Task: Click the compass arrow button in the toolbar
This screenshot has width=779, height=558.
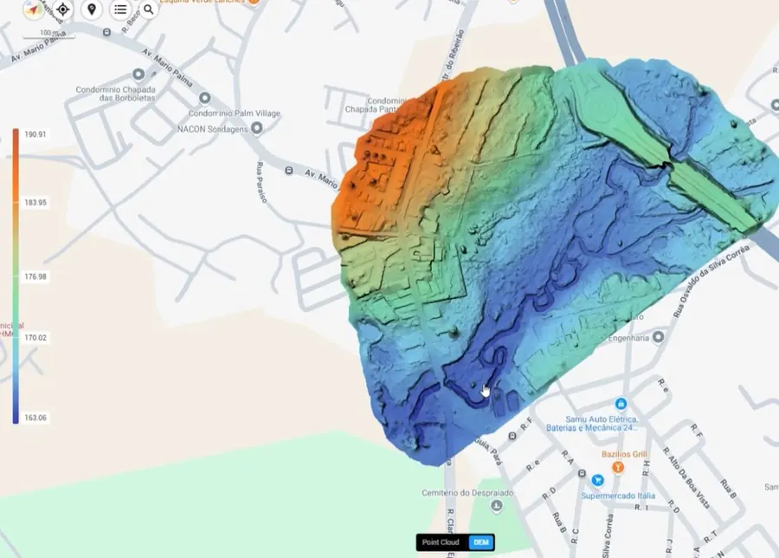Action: click(x=34, y=10)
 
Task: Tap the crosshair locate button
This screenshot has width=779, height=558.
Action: click(x=62, y=10)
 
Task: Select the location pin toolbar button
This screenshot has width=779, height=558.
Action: click(x=92, y=10)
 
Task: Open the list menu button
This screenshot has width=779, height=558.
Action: click(x=120, y=10)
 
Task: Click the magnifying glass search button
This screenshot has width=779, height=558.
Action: click(x=149, y=10)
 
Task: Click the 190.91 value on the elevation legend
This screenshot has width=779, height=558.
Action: click(x=35, y=135)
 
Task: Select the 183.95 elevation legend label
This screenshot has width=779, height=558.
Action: click(x=35, y=203)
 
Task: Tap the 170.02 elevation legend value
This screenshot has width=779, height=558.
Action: click(x=35, y=338)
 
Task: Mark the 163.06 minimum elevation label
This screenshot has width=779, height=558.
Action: click(x=35, y=418)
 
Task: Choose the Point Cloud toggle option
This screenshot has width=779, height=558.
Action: click(x=441, y=542)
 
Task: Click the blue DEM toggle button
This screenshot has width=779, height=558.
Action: click(x=481, y=542)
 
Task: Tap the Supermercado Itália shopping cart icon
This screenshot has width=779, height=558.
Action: click(x=597, y=480)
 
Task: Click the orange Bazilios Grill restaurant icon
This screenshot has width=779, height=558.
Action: click(x=618, y=467)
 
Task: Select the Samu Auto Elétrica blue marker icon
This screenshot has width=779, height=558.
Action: click(x=621, y=404)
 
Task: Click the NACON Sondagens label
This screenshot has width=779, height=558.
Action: click(x=212, y=128)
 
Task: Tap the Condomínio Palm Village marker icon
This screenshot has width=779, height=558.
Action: click(x=205, y=98)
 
